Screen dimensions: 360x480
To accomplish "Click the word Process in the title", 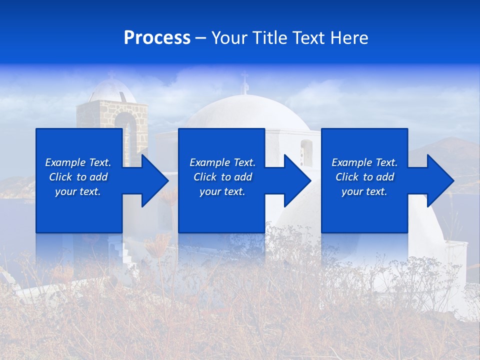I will (157, 38).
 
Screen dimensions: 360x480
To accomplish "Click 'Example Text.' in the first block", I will (78, 162).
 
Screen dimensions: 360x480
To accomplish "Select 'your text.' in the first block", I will (78, 191).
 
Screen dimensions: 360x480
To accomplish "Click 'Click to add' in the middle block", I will (222, 177).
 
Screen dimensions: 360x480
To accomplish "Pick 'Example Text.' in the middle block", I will (222, 162).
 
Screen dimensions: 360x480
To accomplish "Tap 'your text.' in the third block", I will (364, 191).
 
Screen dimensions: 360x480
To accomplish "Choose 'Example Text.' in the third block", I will (364, 162).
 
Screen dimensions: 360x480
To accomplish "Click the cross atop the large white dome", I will (244, 82).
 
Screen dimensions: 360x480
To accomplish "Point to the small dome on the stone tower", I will (112, 90).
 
